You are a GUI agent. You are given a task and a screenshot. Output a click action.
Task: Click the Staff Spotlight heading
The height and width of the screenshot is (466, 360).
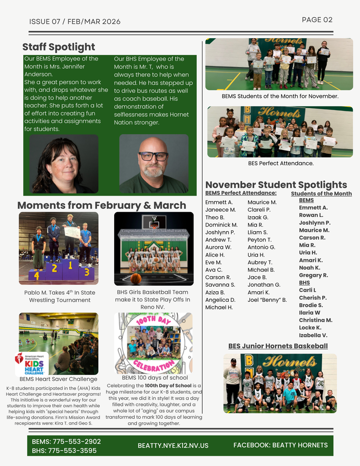pyautogui.click(x=59, y=47)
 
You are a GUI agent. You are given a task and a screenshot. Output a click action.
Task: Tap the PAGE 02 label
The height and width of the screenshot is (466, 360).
pyautogui.click(x=317, y=20)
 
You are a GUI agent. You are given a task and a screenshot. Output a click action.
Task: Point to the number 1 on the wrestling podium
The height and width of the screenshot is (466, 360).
pyautogui.click(x=70, y=265)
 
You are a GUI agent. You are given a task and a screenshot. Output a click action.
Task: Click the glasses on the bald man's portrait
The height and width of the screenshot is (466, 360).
pyautogui.click(x=153, y=156)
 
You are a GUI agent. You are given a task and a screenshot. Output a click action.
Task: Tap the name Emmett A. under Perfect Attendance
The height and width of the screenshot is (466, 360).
pyautogui.click(x=219, y=202)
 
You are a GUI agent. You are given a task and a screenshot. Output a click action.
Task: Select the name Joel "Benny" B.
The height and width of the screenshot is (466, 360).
pyautogui.click(x=267, y=299)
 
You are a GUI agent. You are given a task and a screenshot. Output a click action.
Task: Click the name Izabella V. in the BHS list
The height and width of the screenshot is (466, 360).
pyautogui.click(x=313, y=335)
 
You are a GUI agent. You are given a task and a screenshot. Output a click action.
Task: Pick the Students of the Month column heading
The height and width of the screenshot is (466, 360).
pyautogui.click(x=321, y=193)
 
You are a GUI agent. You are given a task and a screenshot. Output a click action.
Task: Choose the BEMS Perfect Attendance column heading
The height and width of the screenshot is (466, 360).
pyautogui.click(x=241, y=193)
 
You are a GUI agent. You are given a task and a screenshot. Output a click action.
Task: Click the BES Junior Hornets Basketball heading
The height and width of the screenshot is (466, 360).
pyautogui.click(x=278, y=346)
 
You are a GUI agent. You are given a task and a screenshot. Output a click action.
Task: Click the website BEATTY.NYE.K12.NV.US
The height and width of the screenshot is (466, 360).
pyautogui.click(x=173, y=446)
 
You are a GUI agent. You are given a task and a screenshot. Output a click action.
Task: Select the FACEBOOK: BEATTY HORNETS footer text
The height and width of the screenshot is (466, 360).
pyautogui.click(x=280, y=445)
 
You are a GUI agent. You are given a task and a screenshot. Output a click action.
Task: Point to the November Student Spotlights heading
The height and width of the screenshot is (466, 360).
pyautogui.click(x=276, y=184)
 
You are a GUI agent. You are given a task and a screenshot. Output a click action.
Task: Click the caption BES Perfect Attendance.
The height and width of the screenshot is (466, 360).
pyautogui.click(x=281, y=163)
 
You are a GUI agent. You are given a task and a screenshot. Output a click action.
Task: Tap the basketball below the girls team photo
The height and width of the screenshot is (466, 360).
pyautogui.click(x=136, y=279)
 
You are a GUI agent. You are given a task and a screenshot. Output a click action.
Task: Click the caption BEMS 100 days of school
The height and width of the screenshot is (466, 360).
pyautogui.click(x=155, y=377)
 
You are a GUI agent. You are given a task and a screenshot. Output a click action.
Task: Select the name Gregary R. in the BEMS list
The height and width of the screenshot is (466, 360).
pyautogui.click(x=313, y=275)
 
